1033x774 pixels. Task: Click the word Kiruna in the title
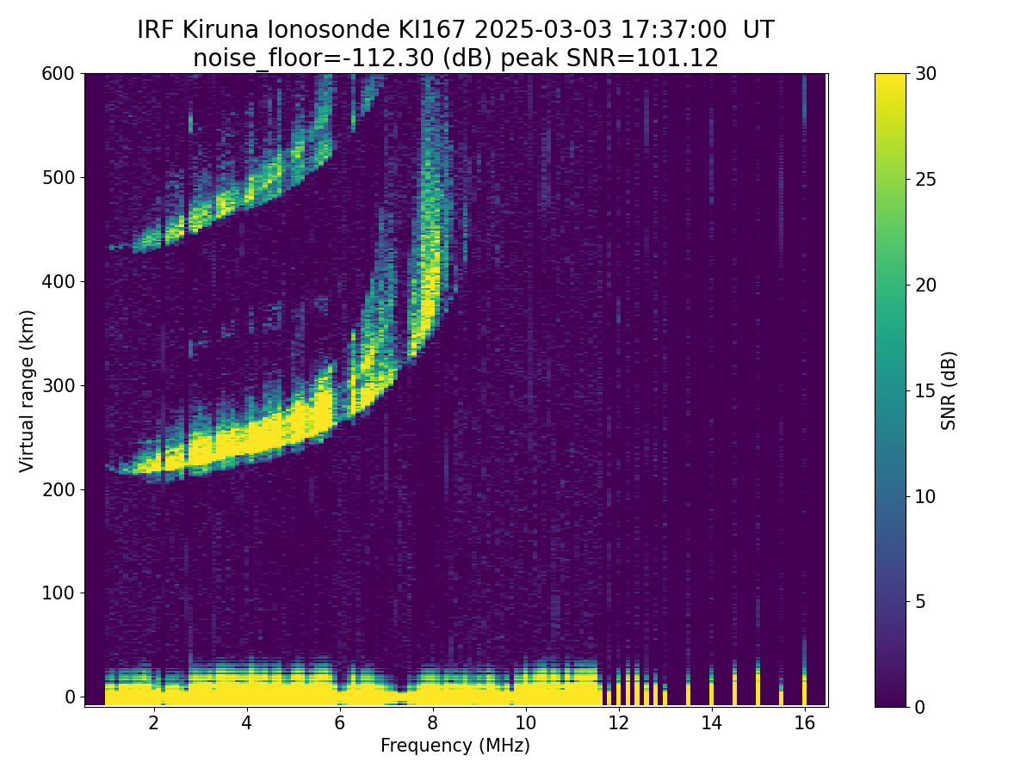pos(220,30)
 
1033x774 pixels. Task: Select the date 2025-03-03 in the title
pos(543,30)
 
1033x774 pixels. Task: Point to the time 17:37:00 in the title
pos(673,30)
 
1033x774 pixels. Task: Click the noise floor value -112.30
pos(393,58)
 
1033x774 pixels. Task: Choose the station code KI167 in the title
pos(431,30)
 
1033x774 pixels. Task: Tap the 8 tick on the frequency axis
pos(432,722)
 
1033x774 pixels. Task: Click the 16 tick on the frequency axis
pos(805,722)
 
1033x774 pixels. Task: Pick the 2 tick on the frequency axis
pos(153,722)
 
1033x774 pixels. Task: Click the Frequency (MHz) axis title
pos(455,746)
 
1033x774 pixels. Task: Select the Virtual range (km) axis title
pos(27,391)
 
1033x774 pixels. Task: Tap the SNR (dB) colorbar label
pos(949,390)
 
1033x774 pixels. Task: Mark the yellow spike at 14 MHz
pos(712,689)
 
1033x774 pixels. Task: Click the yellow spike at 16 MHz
pos(805,690)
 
